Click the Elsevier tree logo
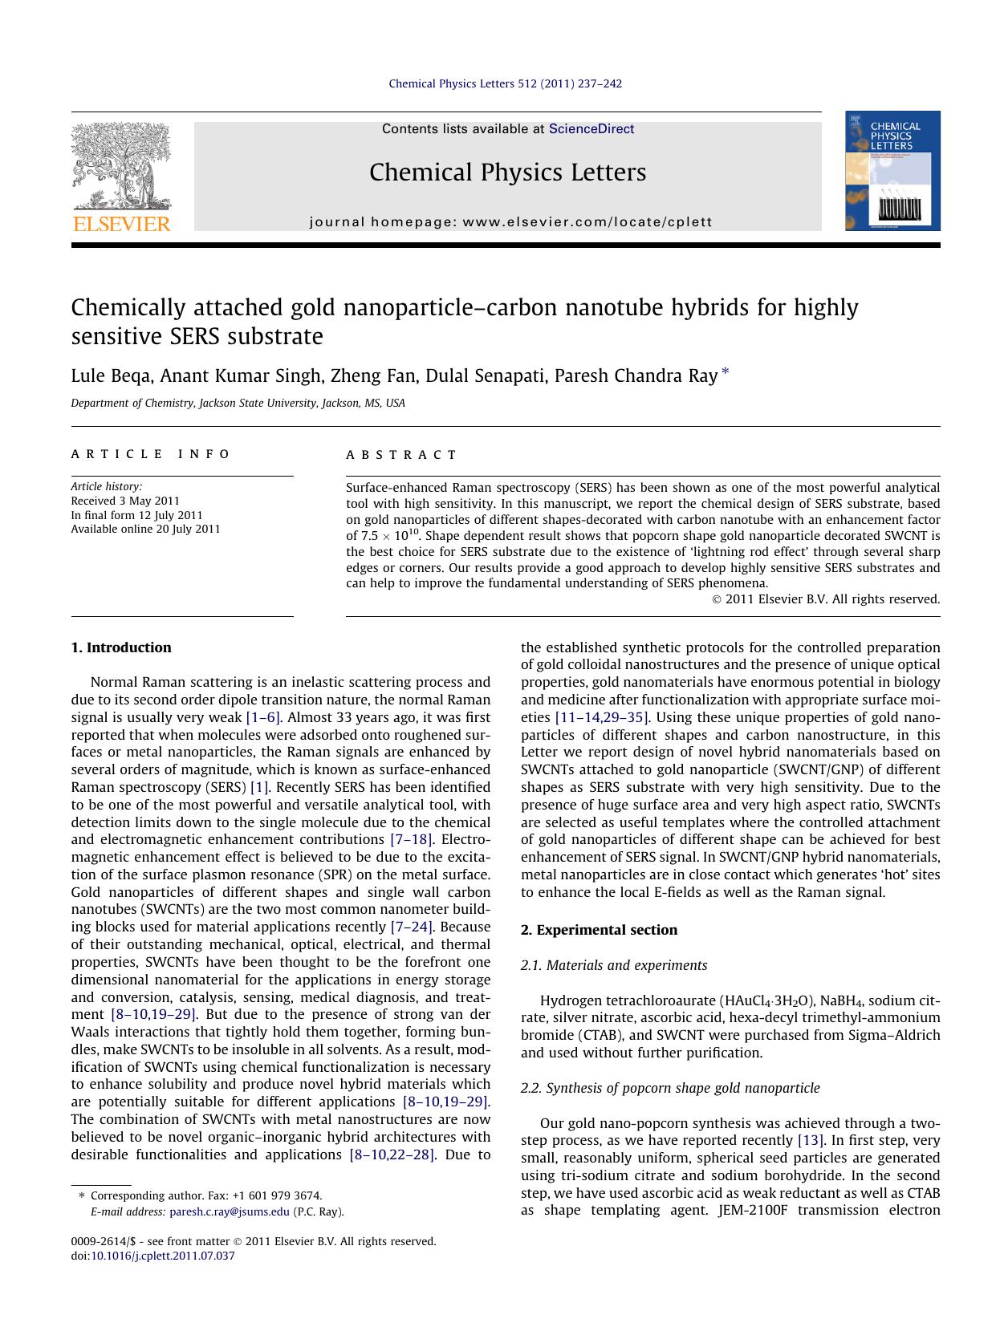pyautogui.click(x=121, y=164)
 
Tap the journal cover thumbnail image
pyautogui.click(x=892, y=171)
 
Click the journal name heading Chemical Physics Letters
pyautogui.click(x=507, y=172)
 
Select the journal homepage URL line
pyautogui.click(x=510, y=222)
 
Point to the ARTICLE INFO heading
pyautogui.click(x=151, y=454)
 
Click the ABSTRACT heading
pyautogui.click(x=401, y=455)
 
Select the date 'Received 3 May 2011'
pyautogui.click(x=125, y=501)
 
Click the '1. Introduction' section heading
pyautogui.click(x=121, y=647)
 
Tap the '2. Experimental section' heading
pyautogui.click(x=599, y=930)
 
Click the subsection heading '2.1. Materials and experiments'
pyautogui.click(x=614, y=965)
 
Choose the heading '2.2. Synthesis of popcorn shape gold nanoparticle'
pyautogui.click(x=670, y=1088)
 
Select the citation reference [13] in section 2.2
pyautogui.click(x=808, y=1140)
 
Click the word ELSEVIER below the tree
pyautogui.click(x=121, y=224)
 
